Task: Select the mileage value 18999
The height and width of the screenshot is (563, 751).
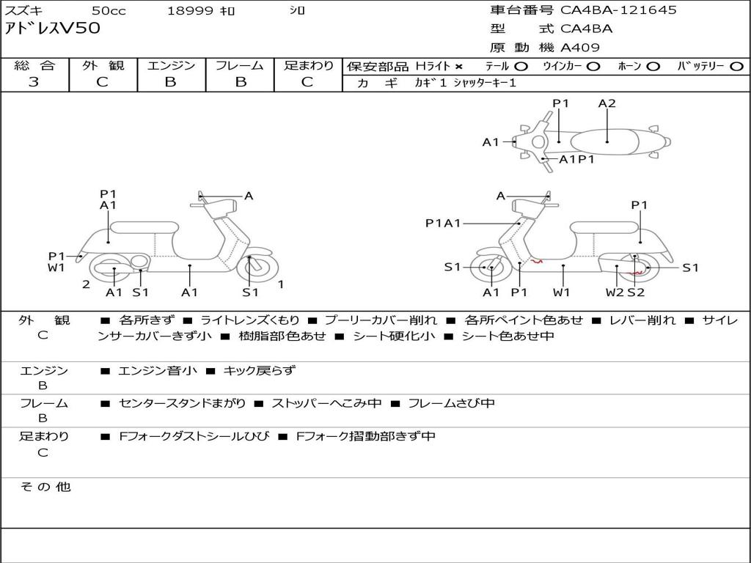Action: click(x=190, y=11)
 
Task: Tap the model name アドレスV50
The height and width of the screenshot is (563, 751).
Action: click(x=53, y=29)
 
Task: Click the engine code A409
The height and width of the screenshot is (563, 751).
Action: click(x=580, y=48)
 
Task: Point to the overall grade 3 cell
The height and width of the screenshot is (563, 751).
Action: click(x=34, y=81)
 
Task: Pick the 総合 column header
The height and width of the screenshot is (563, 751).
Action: click(x=34, y=66)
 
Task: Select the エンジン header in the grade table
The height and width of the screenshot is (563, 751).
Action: click(x=171, y=66)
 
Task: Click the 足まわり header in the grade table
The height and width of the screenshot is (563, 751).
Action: click(x=308, y=66)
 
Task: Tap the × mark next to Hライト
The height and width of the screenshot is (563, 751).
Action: click(x=459, y=67)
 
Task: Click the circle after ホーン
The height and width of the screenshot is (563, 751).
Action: click(x=653, y=67)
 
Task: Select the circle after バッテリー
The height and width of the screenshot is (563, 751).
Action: click(x=736, y=67)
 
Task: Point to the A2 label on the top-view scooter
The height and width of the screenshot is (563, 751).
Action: click(x=607, y=103)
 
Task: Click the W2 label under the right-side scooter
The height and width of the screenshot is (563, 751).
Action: click(x=615, y=292)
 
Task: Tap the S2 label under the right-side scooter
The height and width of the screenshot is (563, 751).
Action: click(x=635, y=292)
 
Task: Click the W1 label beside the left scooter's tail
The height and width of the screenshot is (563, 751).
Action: click(x=57, y=268)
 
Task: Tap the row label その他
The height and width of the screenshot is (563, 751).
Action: click(x=45, y=487)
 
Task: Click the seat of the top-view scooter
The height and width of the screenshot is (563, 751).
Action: click(x=609, y=140)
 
